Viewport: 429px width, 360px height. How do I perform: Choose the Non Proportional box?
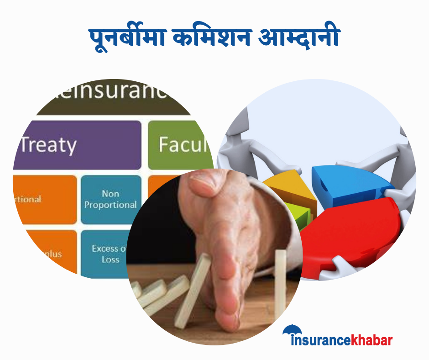[111, 200]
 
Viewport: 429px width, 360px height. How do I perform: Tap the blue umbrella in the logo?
[293, 330]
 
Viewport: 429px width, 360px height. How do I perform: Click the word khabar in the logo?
[371, 340]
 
